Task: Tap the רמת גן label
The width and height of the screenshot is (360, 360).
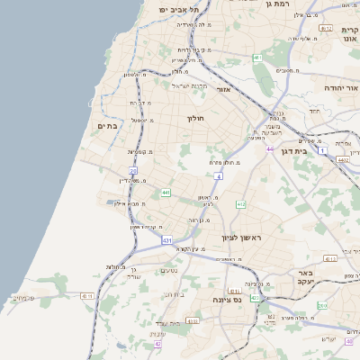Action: [x=281, y=5]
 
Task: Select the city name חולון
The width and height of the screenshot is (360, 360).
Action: [x=197, y=119]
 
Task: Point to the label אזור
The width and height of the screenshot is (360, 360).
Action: [x=224, y=90]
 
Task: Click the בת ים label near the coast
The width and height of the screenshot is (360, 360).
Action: [x=107, y=127]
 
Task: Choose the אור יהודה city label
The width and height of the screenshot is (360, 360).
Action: [x=340, y=89]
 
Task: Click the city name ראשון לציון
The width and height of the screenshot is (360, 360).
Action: [x=242, y=238]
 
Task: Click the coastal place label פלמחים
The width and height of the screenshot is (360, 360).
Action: [x=24, y=297]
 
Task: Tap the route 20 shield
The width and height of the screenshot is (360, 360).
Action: [x=133, y=170]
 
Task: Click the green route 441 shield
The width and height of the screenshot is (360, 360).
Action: [x=166, y=193]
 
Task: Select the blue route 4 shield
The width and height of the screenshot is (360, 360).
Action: [x=219, y=176]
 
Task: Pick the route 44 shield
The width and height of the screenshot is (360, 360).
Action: [x=269, y=148]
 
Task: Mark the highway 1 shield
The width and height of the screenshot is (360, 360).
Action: [x=321, y=151]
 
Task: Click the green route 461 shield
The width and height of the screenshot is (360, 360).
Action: [x=257, y=58]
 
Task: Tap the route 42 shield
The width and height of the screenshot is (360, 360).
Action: [x=157, y=344]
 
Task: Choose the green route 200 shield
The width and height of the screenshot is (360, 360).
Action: [x=323, y=307]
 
